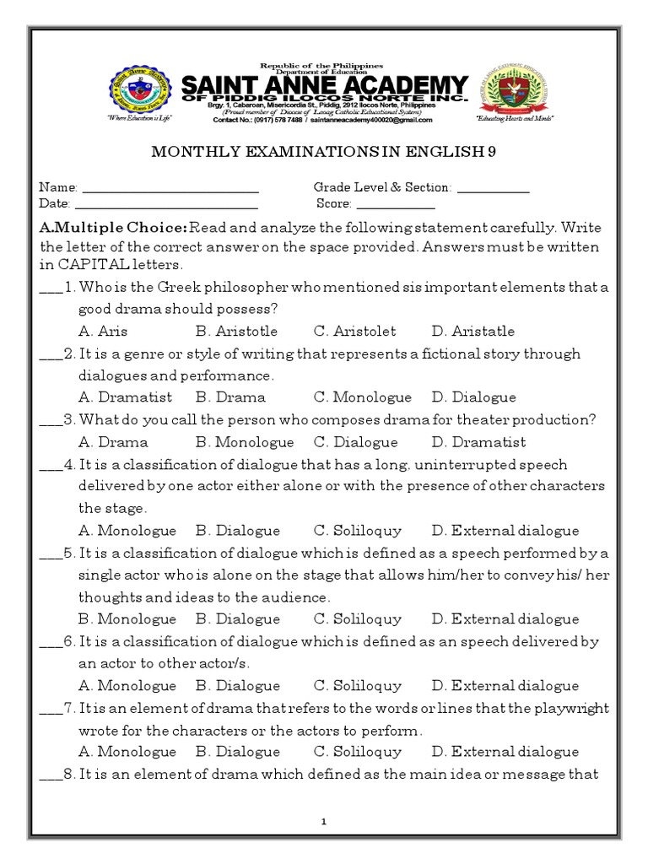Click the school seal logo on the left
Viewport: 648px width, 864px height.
(x=139, y=91)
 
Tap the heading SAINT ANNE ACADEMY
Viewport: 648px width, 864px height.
(x=325, y=86)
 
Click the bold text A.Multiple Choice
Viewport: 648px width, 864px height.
(x=113, y=228)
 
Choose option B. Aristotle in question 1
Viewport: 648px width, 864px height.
(x=236, y=331)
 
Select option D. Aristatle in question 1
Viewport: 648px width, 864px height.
(x=472, y=331)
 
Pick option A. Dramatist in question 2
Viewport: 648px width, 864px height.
(x=125, y=397)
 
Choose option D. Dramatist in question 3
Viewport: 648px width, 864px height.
(x=478, y=442)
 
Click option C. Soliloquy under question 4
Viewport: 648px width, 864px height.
(x=358, y=531)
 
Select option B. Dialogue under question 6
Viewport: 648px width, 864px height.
(x=237, y=686)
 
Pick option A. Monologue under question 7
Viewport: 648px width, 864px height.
(x=127, y=752)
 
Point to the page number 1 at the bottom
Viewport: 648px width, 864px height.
(x=325, y=821)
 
